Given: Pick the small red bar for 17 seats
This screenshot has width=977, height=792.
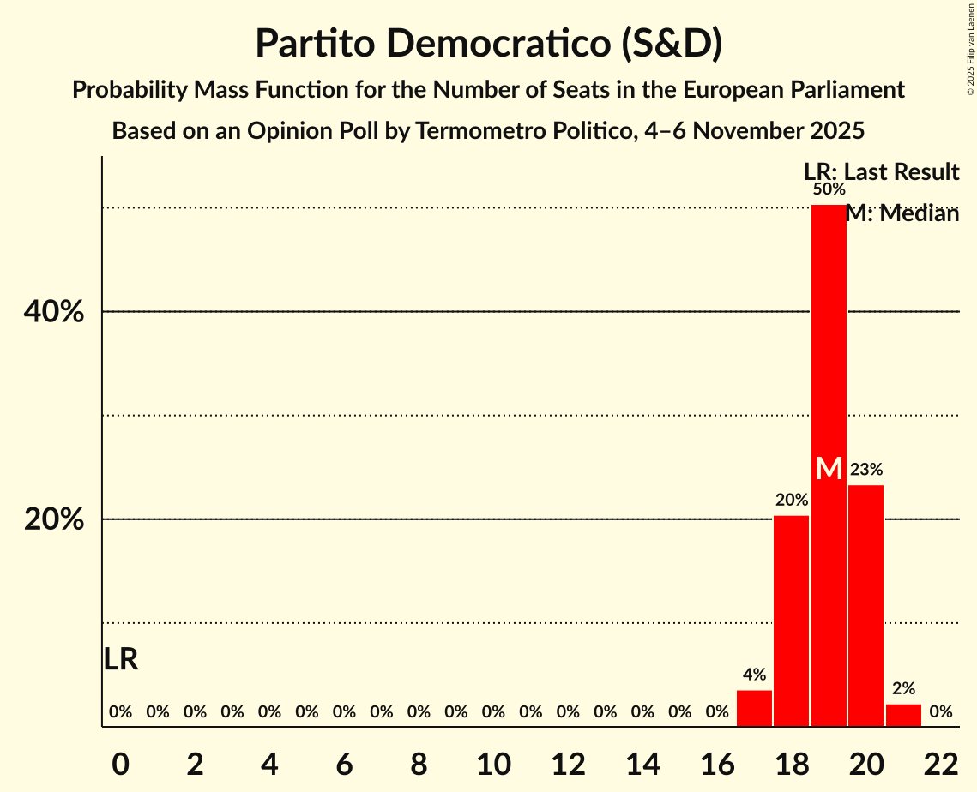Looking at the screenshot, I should point(754,708).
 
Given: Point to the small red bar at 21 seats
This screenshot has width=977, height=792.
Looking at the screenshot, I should point(903,715).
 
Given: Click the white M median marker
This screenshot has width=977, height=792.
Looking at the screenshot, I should point(829,469).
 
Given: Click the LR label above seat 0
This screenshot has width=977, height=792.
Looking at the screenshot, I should point(121,659).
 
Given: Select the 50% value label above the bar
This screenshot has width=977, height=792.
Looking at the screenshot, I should point(829,189).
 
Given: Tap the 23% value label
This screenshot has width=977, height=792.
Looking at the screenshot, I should point(865,470).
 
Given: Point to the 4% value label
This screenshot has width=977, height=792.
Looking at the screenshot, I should point(754,675).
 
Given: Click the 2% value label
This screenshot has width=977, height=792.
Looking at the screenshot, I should point(903,688).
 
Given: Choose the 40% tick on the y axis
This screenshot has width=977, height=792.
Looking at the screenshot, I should point(54,312).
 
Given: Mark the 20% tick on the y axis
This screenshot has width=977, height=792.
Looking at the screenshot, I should point(54,519).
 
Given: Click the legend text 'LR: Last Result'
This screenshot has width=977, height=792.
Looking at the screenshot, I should point(881,172).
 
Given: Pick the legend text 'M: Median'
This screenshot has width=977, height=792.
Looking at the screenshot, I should point(902,214).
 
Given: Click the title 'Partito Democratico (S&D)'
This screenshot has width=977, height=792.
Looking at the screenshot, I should point(488,45).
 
